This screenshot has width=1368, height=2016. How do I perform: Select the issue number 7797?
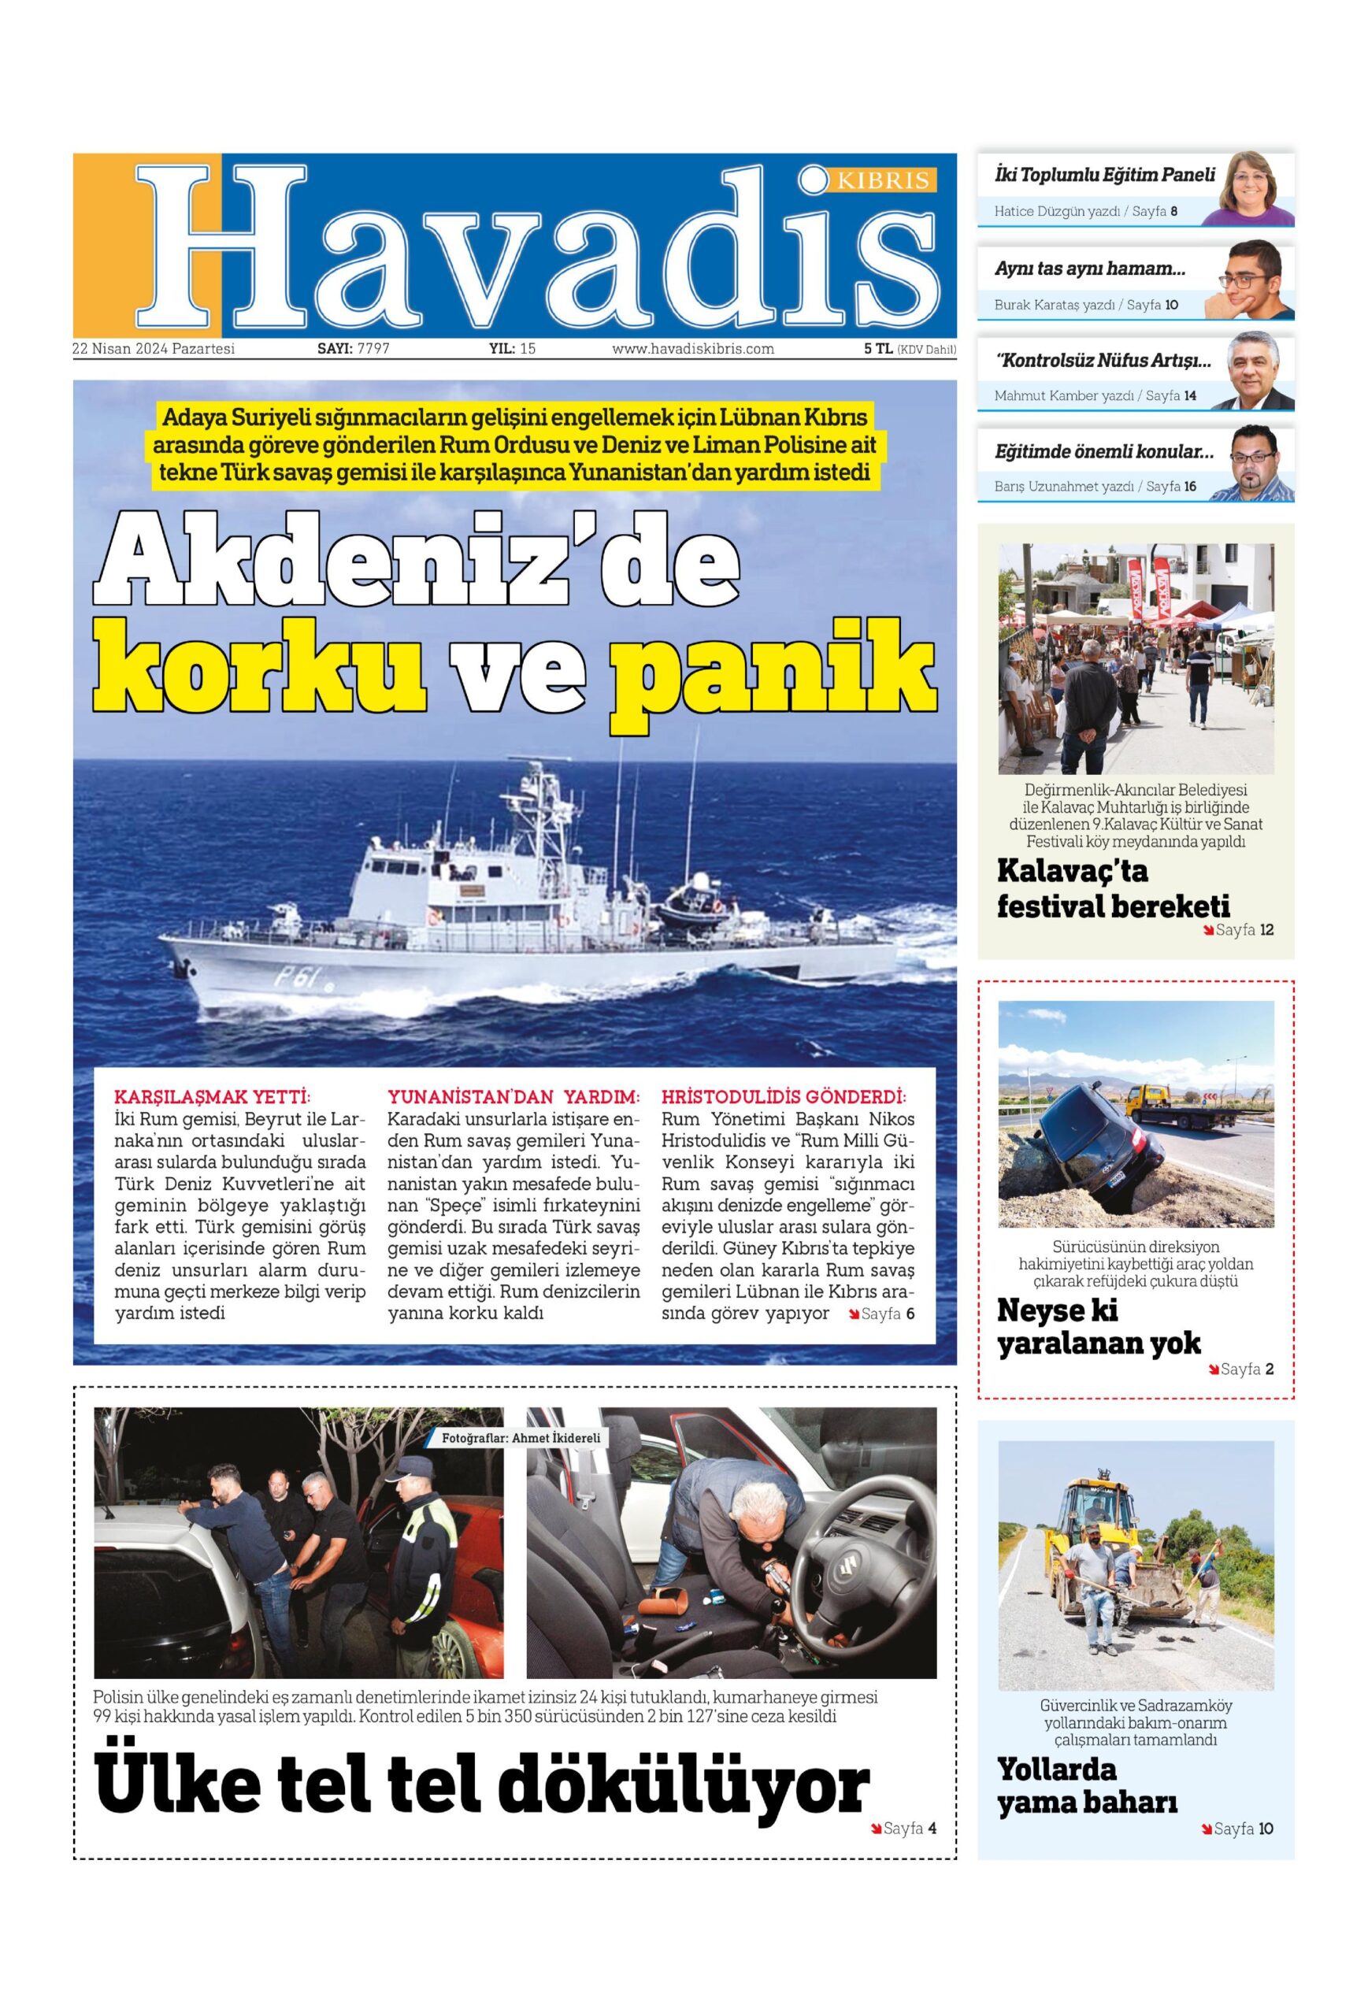pos(373,349)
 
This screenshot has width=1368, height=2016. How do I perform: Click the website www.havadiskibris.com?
pos(692,349)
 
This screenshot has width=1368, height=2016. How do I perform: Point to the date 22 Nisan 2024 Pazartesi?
pos(154,349)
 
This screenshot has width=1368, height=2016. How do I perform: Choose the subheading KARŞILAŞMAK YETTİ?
pos(212,1095)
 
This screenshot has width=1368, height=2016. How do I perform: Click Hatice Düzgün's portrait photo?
pos(1255,187)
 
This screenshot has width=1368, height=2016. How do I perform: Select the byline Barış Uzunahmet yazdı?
pos(1063,487)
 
